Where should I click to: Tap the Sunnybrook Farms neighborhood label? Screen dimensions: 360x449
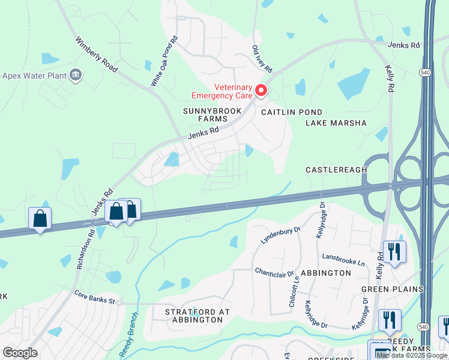pos(212,115)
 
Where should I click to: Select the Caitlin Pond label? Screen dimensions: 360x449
pos(291,112)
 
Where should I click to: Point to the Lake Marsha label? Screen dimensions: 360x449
pos(336,123)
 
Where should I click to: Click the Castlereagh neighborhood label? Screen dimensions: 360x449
pos(336,170)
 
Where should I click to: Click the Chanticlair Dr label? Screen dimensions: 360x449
pos(274,272)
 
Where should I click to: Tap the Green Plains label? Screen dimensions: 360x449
pos(392,289)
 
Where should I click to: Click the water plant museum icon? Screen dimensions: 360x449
pos(76,75)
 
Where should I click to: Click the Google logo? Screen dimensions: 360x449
pos(20,353)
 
